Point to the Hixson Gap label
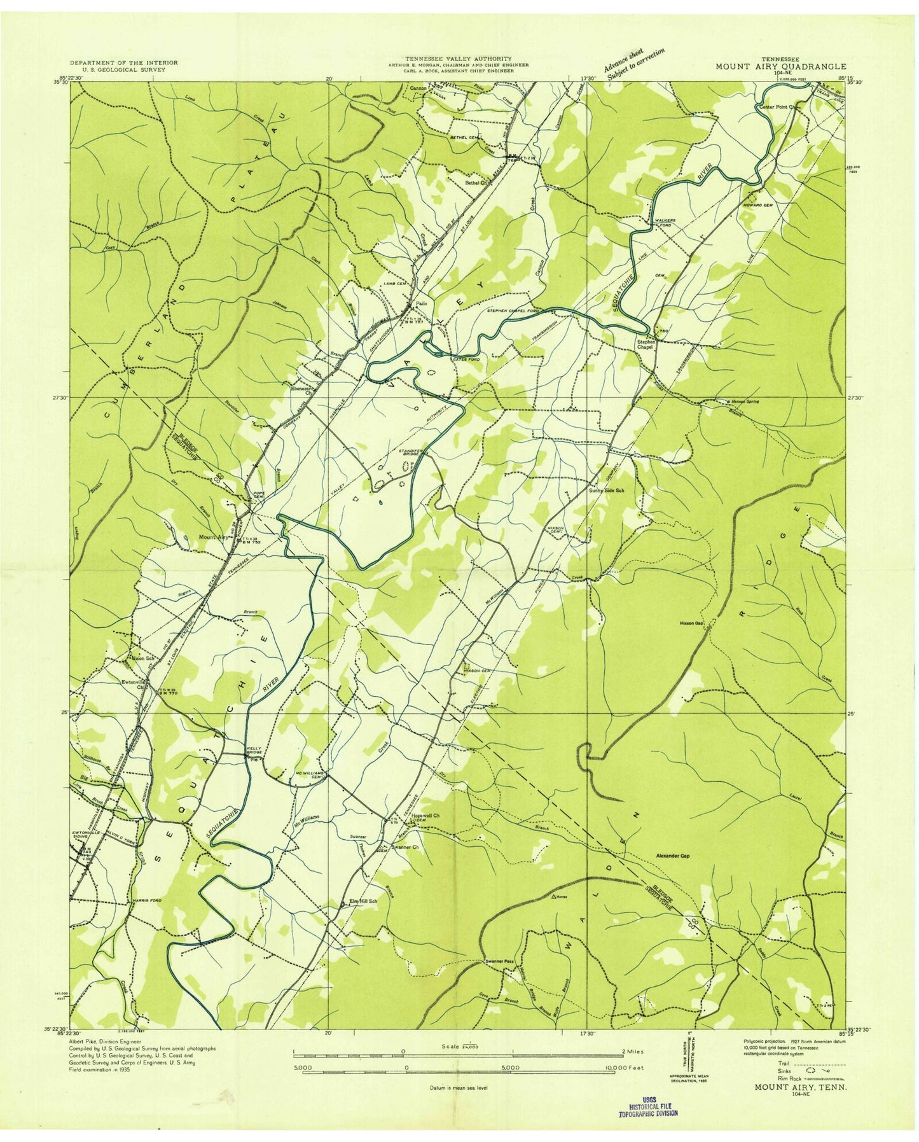coord(690,623)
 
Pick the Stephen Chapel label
coord(646,344)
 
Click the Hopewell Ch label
coord(426,815)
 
